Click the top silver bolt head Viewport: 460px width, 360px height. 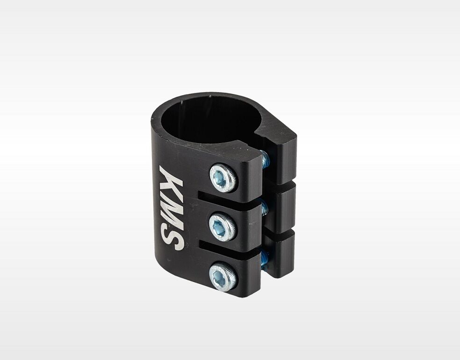click(224, 178)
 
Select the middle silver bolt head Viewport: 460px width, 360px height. click(223, 227)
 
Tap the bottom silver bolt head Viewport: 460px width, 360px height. click(223, 275)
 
